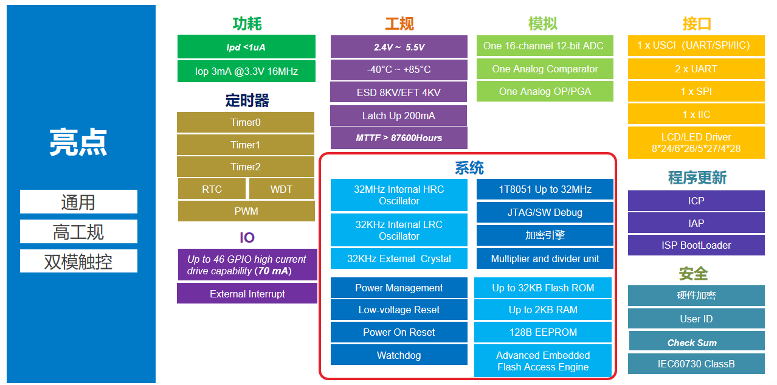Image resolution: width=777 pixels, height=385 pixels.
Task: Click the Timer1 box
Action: pos(246,145)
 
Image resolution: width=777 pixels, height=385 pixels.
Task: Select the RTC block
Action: pos(212,189)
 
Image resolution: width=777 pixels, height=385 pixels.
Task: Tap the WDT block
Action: pos(281,189)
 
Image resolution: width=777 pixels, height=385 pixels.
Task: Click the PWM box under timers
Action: pos(246,211)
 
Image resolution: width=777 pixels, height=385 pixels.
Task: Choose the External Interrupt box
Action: pos(247,294)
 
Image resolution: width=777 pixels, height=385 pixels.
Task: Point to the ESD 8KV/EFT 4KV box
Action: pos(399,92)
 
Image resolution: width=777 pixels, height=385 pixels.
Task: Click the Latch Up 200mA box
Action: pos(399,116)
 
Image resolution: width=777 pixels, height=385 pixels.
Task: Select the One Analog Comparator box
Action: pos(545,69)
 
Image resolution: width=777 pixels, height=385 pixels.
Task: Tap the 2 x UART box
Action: pos(696,69)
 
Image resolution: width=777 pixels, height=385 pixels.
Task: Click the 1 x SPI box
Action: pos(696,91)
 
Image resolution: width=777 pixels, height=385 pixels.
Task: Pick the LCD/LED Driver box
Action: pos(696,143)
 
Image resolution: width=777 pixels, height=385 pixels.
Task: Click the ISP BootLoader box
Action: pos(696,245)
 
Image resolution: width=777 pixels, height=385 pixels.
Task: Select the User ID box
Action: pos(696,319)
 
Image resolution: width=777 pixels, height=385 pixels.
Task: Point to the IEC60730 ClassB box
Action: pos(696,364)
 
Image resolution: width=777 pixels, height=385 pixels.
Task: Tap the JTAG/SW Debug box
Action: pos(545,212)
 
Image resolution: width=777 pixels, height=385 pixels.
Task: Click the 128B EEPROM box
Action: pos(543,332)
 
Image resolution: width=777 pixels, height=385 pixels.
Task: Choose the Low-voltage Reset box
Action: pos(399,310)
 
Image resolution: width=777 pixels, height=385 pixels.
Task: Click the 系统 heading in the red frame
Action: pos(469,168)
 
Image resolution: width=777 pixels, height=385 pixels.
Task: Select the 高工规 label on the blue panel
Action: pos(78,232)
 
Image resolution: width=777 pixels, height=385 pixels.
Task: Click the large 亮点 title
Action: pos(78,142)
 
